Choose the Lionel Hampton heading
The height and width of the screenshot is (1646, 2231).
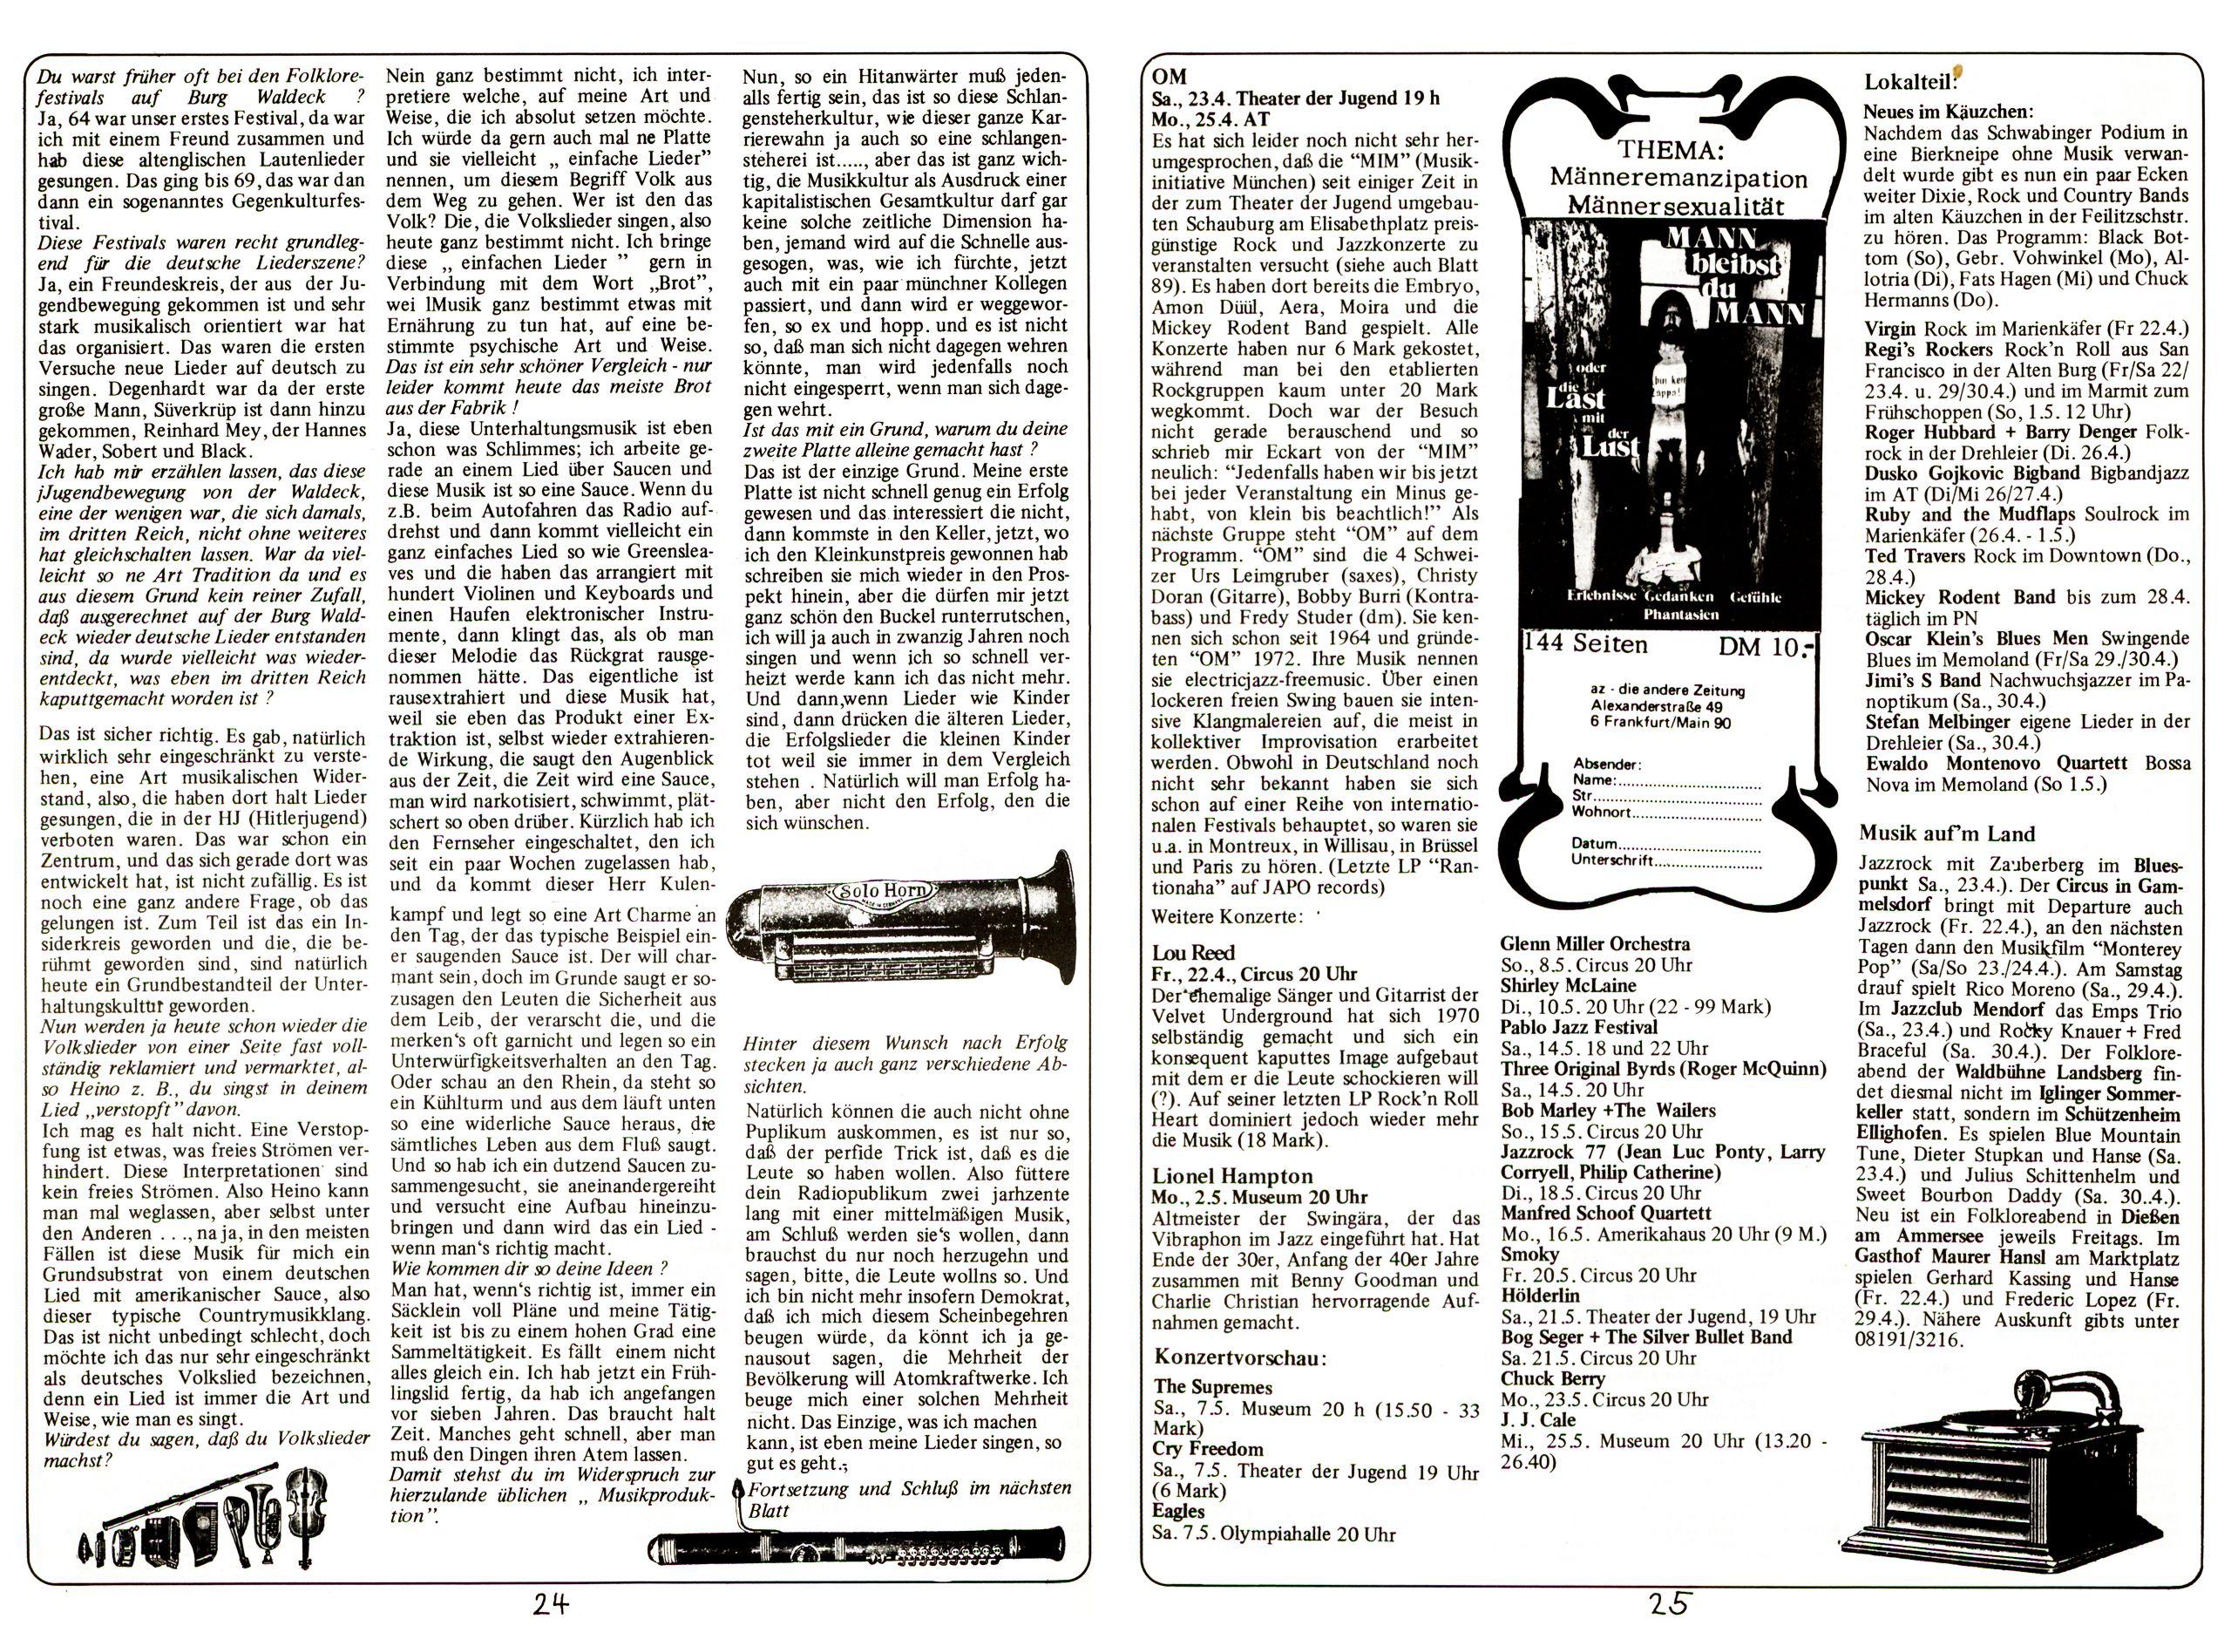pyautogui.click(x=1233, y=1176)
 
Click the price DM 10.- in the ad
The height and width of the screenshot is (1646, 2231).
pyautogui.click(x=1766, y=647)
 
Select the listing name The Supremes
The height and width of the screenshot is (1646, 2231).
pyautogui.click(x=1212, y=1387)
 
